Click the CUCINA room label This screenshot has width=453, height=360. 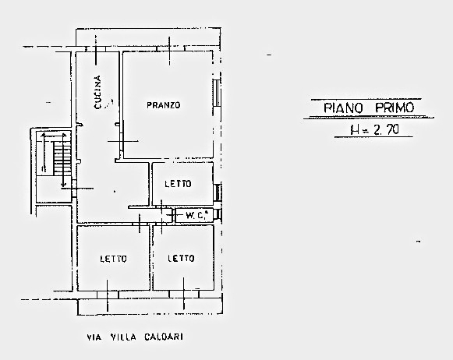pyautogui.click(x=98, y=93)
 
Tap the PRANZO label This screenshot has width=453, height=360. pyautogui.click(x=164, y=105)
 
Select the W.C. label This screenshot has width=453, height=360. pyautogui.click(x=197, y=215)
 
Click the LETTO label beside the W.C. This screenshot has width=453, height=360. pyautogui.click(x=178, y=184)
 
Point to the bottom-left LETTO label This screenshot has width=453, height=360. pyautogui.click(x=113, y=259)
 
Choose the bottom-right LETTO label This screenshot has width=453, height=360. pyautogui.click(x=181, y=258)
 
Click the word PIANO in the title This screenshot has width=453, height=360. pyautogui.click(x=343, y=108)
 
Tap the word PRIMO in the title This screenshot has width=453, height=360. pyautogui.click(x=395, y=108)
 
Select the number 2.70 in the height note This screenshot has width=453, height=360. pyautogui.click(x=386, y=130)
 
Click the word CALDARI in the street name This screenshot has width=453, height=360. pyautogui.click(x=164, y=337)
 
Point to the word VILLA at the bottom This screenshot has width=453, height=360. pyautogui.click(x=123, y=337)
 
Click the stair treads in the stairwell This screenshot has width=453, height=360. pyautogui.click(x=62, y=158)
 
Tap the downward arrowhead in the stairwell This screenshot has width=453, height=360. pyautogui.click(x=64, y=184)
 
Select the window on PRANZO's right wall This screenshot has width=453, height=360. pyautogui.click(x=217, y=93)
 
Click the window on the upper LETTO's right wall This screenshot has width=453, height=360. pyautogui.click(x=218, y=192)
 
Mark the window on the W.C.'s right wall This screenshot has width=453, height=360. pyautogui.click(x=218, y=215)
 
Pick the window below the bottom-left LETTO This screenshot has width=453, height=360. pyautogui.click(x=108, y=295)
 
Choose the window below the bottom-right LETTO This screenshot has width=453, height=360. pyautogui.click(x=184, y=295)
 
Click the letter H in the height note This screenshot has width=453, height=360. pyautogui.click(x=355, y=130)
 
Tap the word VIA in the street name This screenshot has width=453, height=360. pyautogui.click(x=94, y=337)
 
